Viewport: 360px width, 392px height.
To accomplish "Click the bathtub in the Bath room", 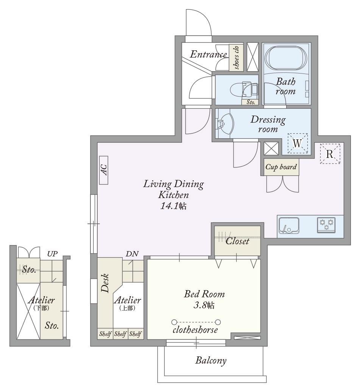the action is (285, 58).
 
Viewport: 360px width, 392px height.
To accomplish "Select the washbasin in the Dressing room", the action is (225, 123).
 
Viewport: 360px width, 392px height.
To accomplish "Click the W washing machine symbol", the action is (297, 143).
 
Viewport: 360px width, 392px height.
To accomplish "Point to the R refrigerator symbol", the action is (330, 154).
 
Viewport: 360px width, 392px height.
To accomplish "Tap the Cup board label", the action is (281, 167).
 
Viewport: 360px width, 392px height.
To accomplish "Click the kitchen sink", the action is (289, 225).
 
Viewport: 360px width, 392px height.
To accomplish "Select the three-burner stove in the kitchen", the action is (326, 225).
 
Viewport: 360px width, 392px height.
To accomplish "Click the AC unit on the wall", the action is (104, 170).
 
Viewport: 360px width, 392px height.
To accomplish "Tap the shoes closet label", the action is (236, 58).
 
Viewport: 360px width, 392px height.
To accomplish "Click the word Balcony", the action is (211, 361).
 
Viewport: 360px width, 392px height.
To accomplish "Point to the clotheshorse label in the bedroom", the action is (195, 330).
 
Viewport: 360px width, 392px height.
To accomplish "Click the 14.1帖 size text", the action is (173, 206).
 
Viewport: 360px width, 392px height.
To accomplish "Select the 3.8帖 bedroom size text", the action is (204, 305).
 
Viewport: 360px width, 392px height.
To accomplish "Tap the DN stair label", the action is (132, 254).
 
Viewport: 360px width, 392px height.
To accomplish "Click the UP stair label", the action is (53, 254).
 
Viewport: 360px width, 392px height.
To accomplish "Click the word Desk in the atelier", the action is (105, 283).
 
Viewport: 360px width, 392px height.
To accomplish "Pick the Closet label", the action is (237, 241).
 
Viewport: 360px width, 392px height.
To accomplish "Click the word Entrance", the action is (208, 54).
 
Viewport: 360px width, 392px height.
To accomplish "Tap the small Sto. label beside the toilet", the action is (251, 102).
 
